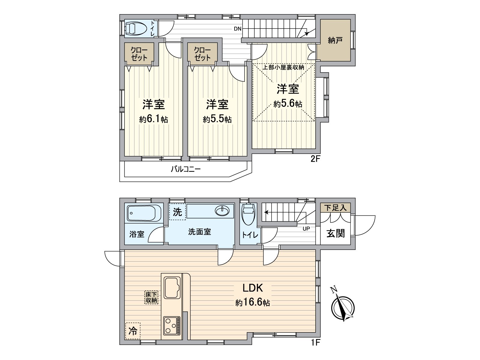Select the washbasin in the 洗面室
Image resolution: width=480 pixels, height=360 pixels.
[222, 211]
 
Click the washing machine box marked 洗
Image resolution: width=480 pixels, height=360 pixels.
[177, 212]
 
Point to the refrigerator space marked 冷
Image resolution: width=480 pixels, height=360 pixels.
[133, 331]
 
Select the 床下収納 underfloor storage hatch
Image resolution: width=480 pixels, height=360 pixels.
[151, 297]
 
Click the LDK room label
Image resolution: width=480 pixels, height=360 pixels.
[253, 288]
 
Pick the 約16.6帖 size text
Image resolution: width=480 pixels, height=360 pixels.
[253, 303]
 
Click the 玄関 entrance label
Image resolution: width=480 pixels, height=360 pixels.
[335, 233]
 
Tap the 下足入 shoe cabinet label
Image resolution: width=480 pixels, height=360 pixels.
[335, 208]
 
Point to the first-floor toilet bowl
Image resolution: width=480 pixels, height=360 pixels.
[249, 214]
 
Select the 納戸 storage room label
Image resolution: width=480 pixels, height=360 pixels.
[335, 40]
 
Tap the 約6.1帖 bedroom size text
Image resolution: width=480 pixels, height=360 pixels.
[153, 119]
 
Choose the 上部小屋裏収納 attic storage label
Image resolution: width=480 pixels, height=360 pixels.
[283, 67]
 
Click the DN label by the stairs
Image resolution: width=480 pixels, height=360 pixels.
[238, 29]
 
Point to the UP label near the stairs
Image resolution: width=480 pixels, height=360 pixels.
[306, 229]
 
